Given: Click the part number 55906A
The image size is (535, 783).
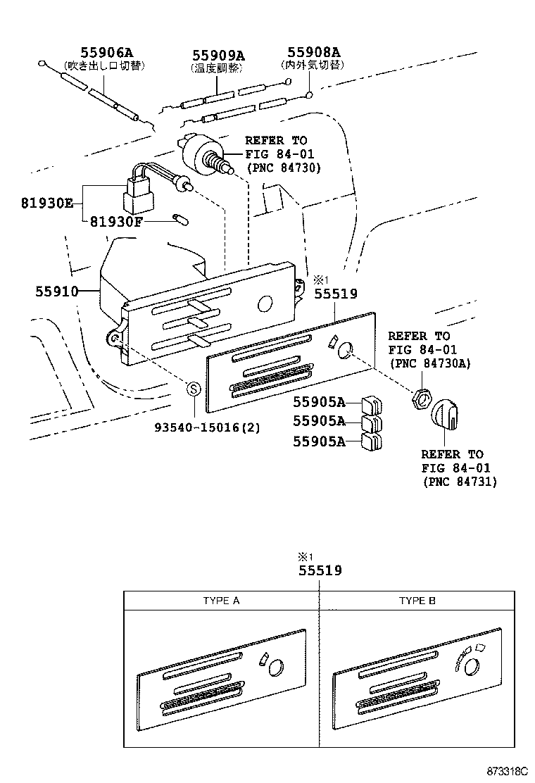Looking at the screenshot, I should pyautogui.click(x=106, y=53).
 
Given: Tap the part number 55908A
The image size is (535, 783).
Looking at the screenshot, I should pyautogui.click(x=313, y=52).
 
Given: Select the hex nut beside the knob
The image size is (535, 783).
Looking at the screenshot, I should pyautogui.click(x=421, y=399).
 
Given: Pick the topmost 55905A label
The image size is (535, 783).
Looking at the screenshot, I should pyautogui.click(x=319, y=402).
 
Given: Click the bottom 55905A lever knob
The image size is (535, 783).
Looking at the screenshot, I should pyautogui.click(x=371, y=442).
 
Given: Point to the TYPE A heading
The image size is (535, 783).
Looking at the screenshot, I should pyautogui.click(x=221, y=601).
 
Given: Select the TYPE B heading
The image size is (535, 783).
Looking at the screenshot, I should pyautogui.click(x=417, y=601).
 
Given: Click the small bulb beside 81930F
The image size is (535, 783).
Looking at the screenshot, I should pyautogui.click(x=181, y=220).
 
